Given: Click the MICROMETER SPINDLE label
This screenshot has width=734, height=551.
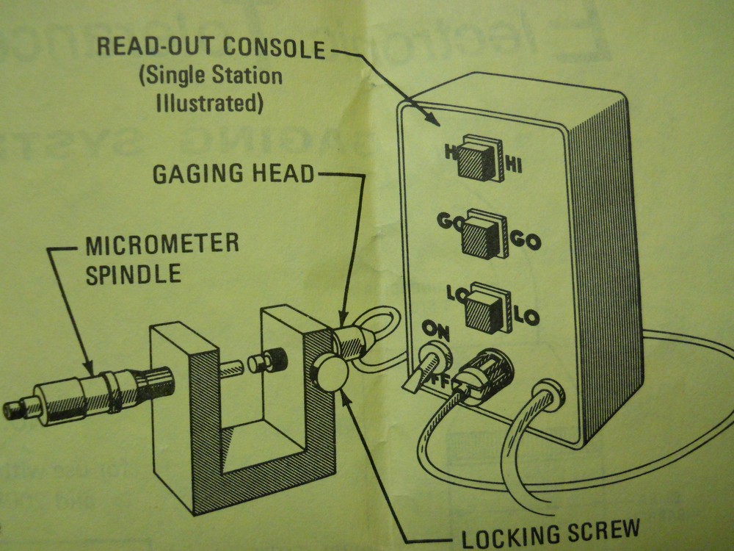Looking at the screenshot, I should point(162,258).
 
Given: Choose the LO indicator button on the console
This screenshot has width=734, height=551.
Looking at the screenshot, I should point(484,309).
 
